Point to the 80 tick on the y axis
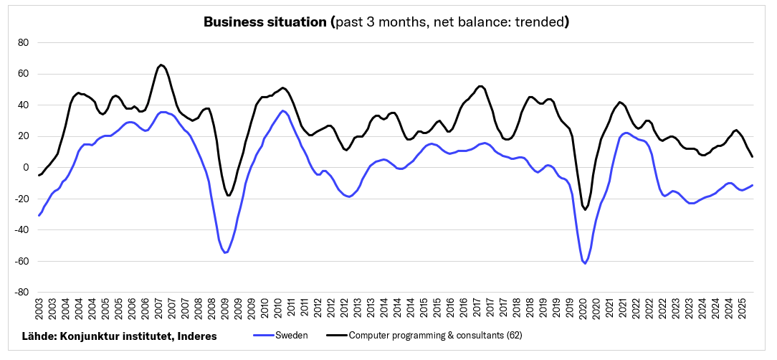coord(23,42)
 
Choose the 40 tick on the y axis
coord(23,105)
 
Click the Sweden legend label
coord(292,336)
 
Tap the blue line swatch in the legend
coord(264,336)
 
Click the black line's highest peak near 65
coord(161,65)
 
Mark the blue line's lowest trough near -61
coord(585,264)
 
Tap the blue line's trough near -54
coord(225,252)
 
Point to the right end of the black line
coord(752,156)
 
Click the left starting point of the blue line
coord(39,215)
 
